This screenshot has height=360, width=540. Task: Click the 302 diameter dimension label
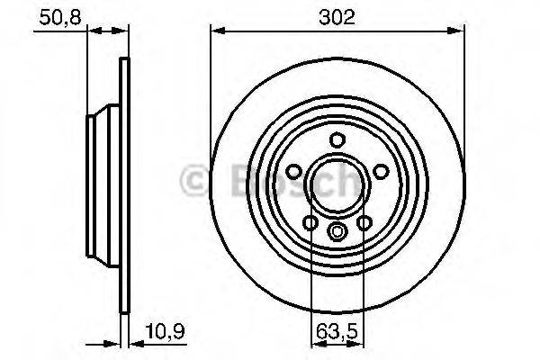pyautogui.click(x=337, y=16)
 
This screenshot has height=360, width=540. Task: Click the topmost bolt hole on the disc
pyautogui.click(x=337, y=140)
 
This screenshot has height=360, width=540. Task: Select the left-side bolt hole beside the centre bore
pyautogui.click(x=293, y=172)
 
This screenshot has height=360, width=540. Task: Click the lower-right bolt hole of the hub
pyautogui.click(x=364, y=222)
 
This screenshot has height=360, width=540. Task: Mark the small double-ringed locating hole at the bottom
pyautogui.click(x=337, y=231)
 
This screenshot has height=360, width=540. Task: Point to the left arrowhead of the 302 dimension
pyautogui.click(x=216, y=31)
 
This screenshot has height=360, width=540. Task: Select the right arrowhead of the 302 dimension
pyautogui.click(x=460, y=31)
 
